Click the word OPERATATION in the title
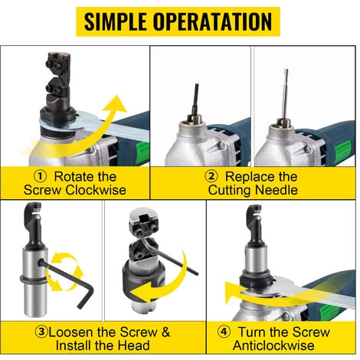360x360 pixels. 212,21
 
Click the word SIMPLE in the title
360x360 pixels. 116,21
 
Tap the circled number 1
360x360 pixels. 41,176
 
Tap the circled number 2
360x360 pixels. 211,176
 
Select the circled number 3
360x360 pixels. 41,332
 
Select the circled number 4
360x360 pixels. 224,332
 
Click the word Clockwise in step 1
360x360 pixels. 96,190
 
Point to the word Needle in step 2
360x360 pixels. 277,190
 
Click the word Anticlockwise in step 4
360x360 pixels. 273,345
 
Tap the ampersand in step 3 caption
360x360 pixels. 166,332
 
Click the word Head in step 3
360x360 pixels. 134,345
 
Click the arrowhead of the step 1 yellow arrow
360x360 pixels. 116,104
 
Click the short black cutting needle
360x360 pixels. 195,99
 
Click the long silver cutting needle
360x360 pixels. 286,93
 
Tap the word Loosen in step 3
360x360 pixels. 71,332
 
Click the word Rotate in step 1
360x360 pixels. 74,176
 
